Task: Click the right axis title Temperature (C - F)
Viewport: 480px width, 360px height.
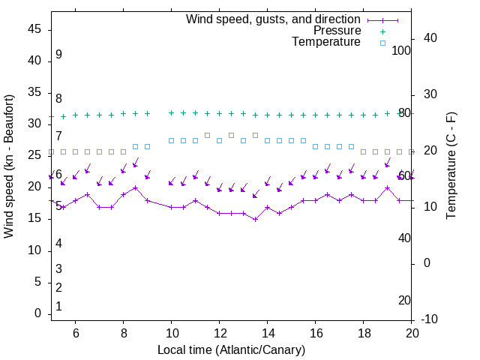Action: tap(451, 166)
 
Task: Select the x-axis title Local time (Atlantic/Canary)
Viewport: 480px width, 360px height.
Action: tap(231, 350)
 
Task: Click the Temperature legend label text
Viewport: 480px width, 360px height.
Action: tap(326, 42)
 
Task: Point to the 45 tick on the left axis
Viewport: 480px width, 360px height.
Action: tap(34, 29)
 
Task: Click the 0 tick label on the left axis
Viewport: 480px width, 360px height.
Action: tap(37, 313)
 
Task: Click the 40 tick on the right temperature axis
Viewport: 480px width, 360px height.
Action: tap(430, 38)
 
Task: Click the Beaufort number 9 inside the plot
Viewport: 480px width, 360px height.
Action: tap(58, 55)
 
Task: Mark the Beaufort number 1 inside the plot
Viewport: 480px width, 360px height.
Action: tap(58, 307)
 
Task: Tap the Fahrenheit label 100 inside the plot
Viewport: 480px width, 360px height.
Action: tap(401, 50)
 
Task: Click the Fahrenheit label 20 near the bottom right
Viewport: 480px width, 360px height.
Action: tap(404, 300)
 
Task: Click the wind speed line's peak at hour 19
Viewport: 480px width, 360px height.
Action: tap(387, 188)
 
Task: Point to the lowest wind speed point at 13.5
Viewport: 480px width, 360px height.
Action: tap(255, 219)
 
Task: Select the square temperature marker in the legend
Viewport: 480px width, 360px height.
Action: tap(382, 43)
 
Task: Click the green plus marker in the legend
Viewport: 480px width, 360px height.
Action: tap(382, 31)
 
